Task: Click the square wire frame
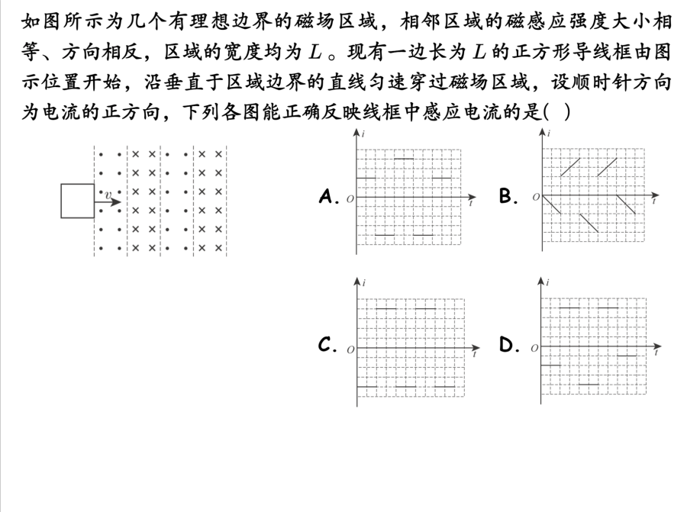(77, 201)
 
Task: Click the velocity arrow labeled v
(111, 202)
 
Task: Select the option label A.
(328, 197)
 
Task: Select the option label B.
(509, 197)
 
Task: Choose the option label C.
(328, 346)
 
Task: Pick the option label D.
(509, 346)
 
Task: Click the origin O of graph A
(350, 200)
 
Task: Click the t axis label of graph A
(471, 204)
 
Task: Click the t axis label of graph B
(655, 204)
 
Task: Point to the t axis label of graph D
(656, 354)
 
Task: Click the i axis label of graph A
(363, 134)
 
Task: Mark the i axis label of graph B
(549, 134)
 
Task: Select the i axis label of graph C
(364, 283)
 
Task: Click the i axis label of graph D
(549, 283)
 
